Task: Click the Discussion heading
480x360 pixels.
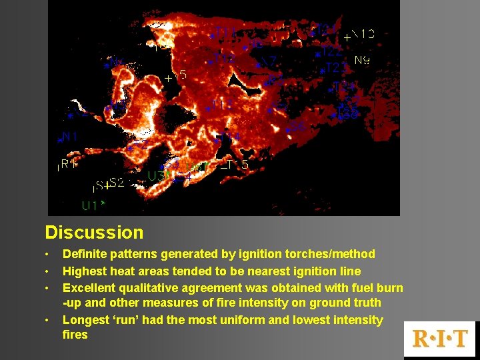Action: pyautogui.click(x=94, y=233)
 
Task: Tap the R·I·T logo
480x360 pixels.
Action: pyautogui.click(x=440, y=338)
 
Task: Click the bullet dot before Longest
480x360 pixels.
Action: pyautogui.click(x=47, y=321)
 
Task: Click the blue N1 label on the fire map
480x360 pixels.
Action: pyautogui.click(x=70, y=136)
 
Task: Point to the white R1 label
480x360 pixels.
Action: pyautogui.click(x=69, y=164)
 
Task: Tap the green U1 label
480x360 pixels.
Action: pyautogui.click(x=91, y=205)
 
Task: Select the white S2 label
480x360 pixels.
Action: pyautogui.click(x=116, y=182)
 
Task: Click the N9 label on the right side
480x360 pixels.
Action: pyautogui.click(x=362, y=60)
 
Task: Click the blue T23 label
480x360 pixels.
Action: pyautogui.click(x=335, y=67)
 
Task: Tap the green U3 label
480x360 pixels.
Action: pyautogui.click(x=157, y=176)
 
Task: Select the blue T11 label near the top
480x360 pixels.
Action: pyautogui.click(x=225, y=33)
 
